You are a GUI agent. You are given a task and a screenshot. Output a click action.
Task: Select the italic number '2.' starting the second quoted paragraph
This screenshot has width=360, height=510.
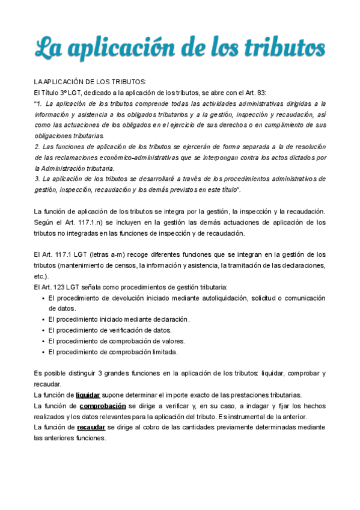[37, 147]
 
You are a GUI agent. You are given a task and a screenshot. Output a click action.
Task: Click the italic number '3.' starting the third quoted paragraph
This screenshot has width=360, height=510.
[37, 179]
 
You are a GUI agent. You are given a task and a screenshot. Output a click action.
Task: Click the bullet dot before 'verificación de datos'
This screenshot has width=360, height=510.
[42, 331]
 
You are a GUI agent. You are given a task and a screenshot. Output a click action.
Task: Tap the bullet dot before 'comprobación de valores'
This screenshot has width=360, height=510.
[42, 342]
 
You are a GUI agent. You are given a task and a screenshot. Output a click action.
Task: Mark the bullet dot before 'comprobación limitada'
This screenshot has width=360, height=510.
[42, 352]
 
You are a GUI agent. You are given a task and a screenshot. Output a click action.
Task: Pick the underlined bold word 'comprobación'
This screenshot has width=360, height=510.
[102, 406]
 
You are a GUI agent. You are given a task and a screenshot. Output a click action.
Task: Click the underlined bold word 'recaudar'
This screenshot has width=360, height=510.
[91, 427]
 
